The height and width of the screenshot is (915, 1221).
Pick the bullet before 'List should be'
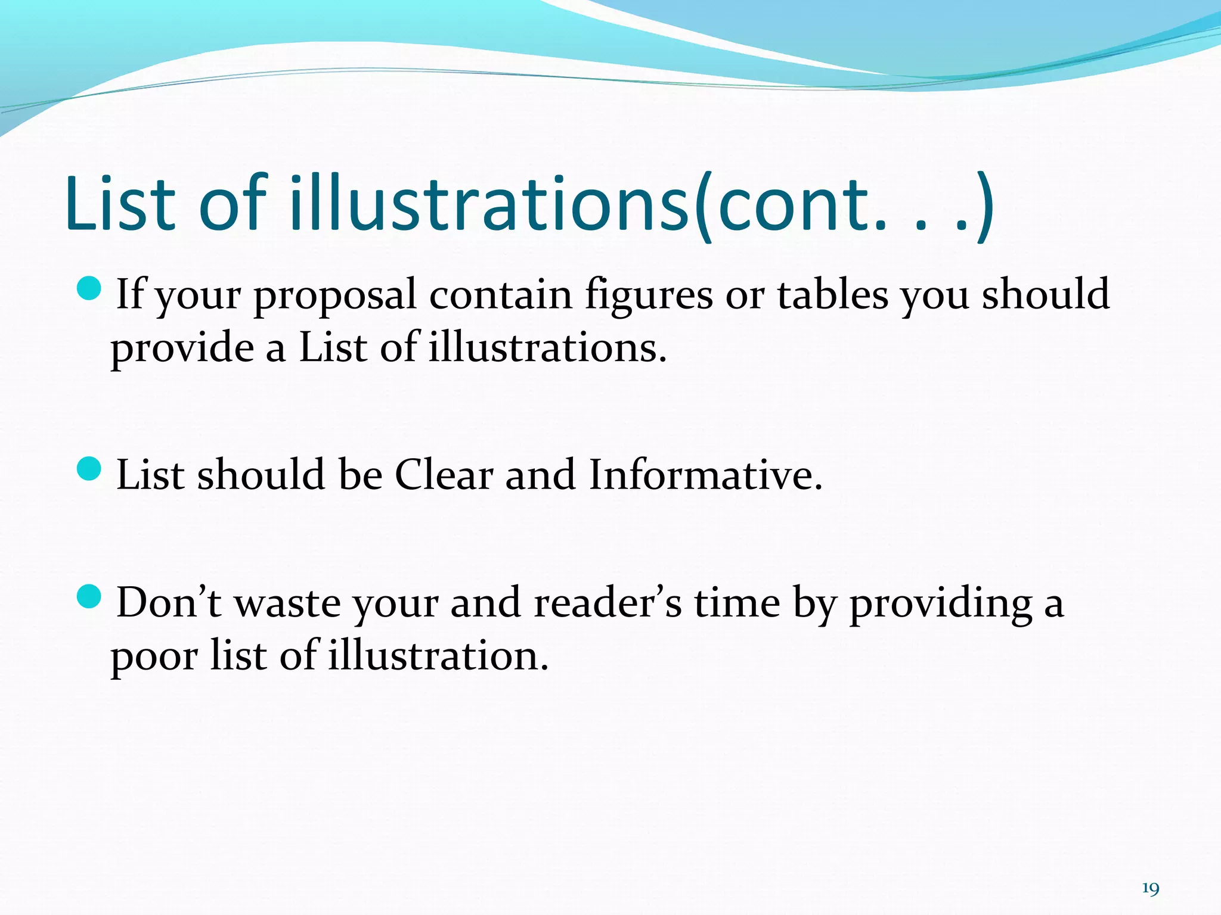click(90, 468)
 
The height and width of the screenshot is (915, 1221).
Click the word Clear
click(444, 476)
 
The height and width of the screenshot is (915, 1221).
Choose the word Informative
click(705, 476)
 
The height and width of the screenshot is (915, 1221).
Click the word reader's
click(608, 603)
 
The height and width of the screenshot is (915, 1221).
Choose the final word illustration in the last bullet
click(438, 656)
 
